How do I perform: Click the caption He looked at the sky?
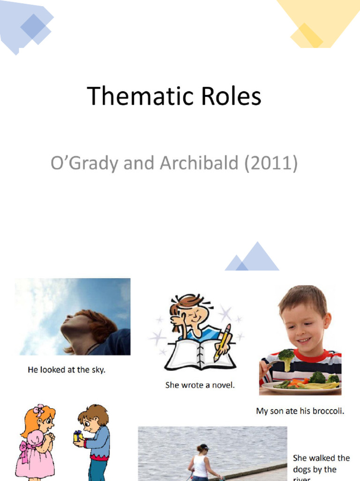66,370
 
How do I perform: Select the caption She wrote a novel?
200,385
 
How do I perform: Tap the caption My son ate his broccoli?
300,411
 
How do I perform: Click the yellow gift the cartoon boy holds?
78,436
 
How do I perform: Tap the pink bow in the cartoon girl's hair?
38,410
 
